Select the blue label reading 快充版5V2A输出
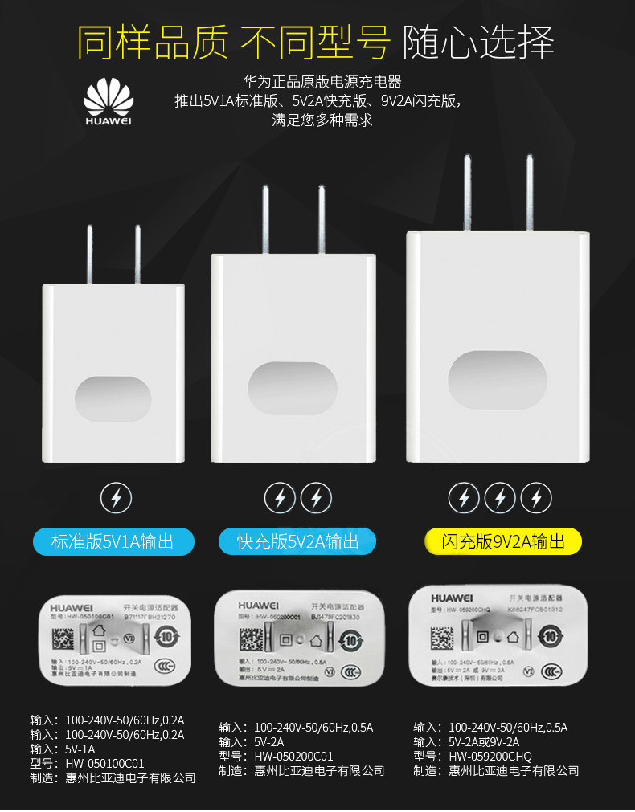pyautogui.click(x=298, y=541)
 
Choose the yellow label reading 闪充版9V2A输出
pyautogui.click(x=503, y=541)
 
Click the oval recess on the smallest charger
pyautogui.click(x=113, y=398)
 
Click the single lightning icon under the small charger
pyautogui.click(x=117, y=499)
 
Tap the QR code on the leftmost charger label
pyautogui.click(x=63, y=640)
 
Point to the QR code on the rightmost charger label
pyautogui.click(x=442, y=634)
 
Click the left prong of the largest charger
pyautogui.click(x=467, y=192)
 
